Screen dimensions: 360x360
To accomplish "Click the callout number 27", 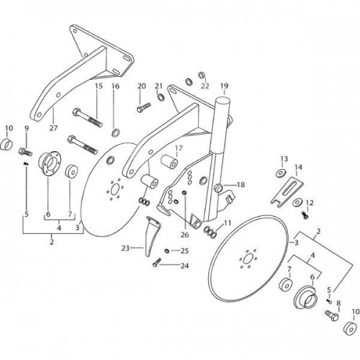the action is [x=53, y=128].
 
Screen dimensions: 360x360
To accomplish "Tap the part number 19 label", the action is [x=224, y=86].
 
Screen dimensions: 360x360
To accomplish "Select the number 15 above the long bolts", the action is [x=99, y=86].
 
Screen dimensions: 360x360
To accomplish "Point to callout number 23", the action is [x=125, y=248].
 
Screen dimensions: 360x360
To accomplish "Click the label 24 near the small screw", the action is [x=184, y=266].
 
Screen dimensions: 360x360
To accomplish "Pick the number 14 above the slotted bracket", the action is [x=298, y=167].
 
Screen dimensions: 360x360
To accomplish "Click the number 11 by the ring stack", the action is [x=227, y=223].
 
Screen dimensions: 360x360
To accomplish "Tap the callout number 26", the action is [x=185, y=235].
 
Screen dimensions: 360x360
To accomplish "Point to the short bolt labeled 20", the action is [x=143, y=107].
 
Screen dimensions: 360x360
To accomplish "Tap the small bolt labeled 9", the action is [x=25, y=152].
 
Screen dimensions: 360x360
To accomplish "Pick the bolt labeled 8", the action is [x=331, y=315].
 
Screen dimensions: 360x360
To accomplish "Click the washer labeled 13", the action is [x=280, y=173].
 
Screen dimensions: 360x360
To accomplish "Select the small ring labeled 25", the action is [x=167, y=251].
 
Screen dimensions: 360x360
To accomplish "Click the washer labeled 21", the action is [x=161, y=97].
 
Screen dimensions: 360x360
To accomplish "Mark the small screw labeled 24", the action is [x=156, y=262].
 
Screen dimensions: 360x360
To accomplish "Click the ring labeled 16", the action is [x=116, y=132].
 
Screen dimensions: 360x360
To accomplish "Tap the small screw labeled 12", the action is [x=305, y=215].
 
